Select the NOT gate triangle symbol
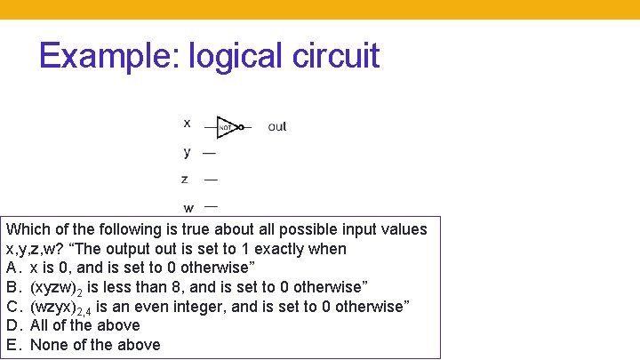[227, 127]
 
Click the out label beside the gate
[277, 127]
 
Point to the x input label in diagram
[187, 122]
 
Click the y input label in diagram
[187, 151]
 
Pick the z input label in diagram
[185, 179]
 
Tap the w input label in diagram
[188, 207]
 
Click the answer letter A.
[12, 268]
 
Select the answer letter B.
[12, 286]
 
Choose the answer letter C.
[12, 306]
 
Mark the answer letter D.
[12, 325]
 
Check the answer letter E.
[12, 345]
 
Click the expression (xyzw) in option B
[56, 286]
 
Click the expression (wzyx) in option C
[56, 306]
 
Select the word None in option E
[50, 345]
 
